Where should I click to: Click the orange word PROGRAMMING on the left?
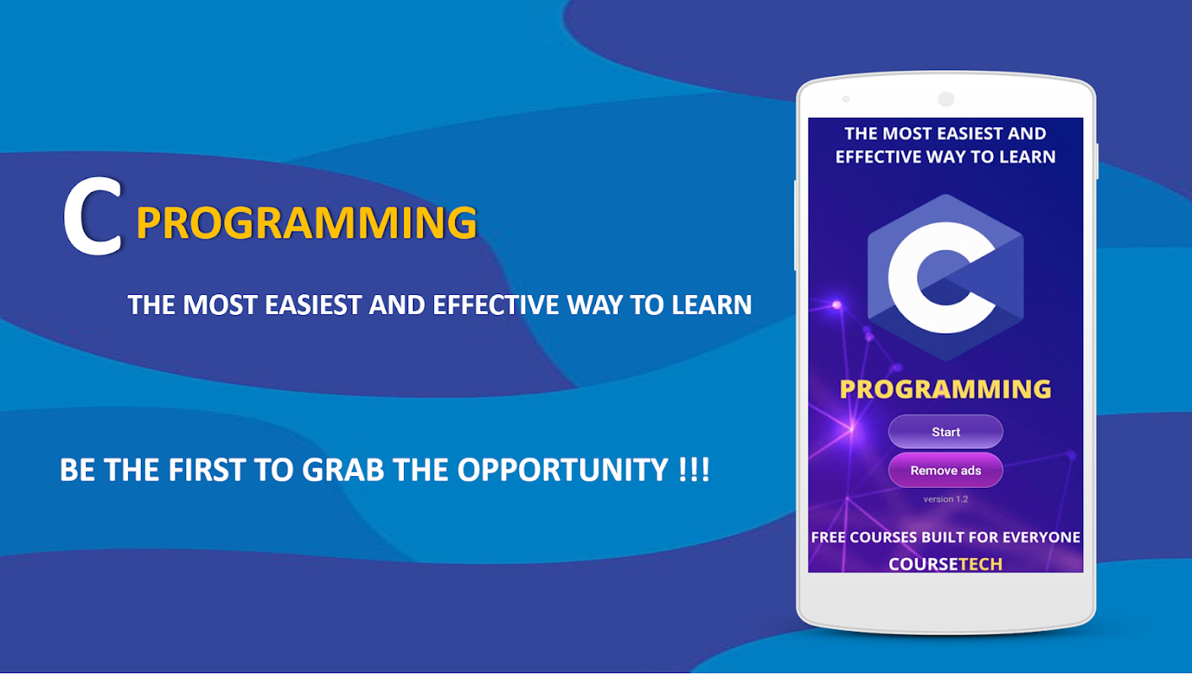307,222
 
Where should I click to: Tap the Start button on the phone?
946,431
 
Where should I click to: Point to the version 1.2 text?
946,499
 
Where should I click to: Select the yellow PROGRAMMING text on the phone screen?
946,389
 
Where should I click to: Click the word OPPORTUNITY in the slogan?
562,470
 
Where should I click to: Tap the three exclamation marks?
695,469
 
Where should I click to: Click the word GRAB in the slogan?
343,470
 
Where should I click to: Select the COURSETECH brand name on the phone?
946,564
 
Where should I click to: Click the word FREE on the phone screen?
829,538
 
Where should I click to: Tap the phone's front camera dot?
846,99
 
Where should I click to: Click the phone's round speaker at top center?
946,99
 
